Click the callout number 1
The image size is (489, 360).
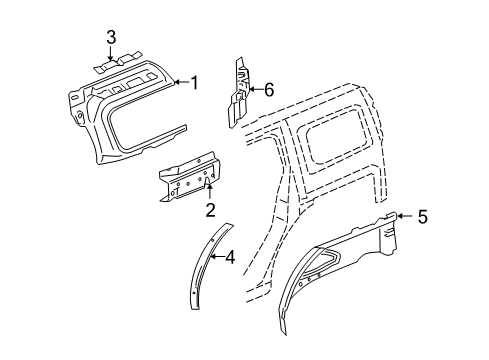(196, 82)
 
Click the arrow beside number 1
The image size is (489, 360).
(182, 82)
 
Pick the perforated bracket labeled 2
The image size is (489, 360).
(188, 185)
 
